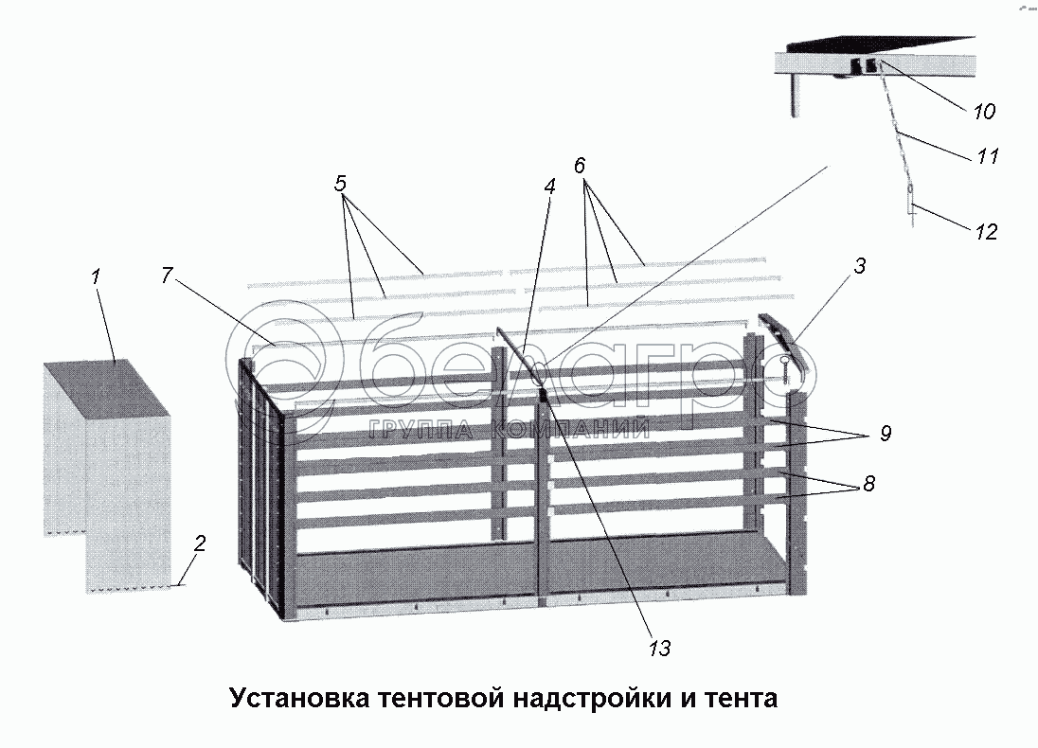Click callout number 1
96,277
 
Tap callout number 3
859,266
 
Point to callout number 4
549,187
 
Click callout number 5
341,184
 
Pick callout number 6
581,165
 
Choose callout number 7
167,276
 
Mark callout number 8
868,484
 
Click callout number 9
885,434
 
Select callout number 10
984,112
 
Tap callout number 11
988,156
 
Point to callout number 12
986,232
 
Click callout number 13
659,648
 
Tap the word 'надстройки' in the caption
589,699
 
